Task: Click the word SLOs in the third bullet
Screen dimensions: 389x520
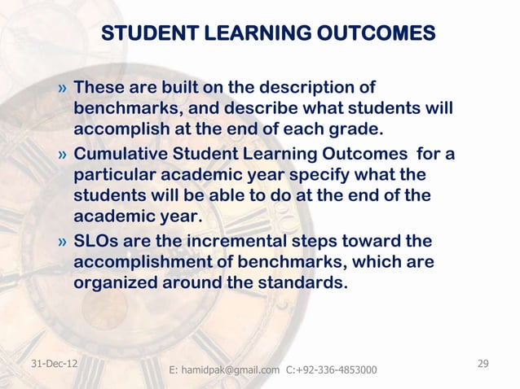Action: [x=96, y=242]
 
